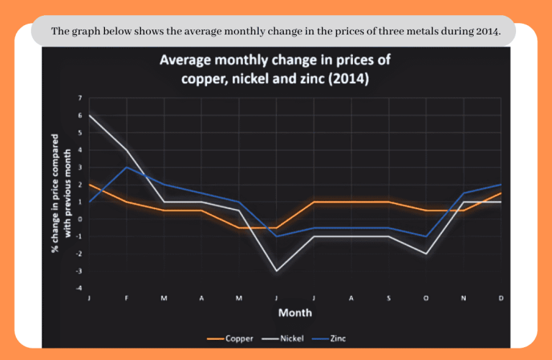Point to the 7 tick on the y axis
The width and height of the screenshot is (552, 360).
[80, 98]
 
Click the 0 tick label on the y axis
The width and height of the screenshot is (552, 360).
[80, 219]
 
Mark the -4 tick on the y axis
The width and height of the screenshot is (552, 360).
[79, 288]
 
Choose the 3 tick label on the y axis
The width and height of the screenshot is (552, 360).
[80, 167]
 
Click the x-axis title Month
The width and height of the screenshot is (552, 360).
[295, 313]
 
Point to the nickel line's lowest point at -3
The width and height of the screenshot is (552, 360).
[276, 271]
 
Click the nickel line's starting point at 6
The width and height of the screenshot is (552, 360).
[89, 115]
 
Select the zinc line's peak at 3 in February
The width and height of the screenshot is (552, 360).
[126, 167]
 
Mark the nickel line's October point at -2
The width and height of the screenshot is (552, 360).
[426, 254]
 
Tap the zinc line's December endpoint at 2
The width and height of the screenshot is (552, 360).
[501, 185]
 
